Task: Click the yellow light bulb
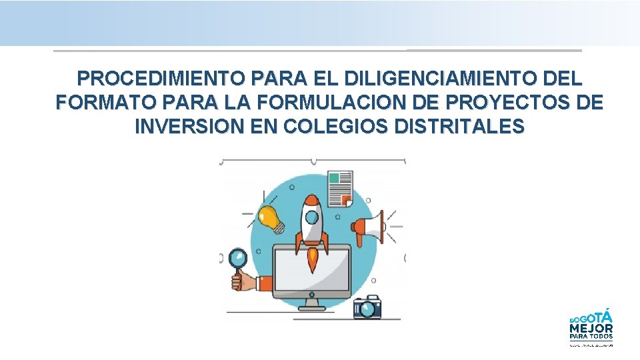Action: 270,217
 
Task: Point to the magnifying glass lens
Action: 238,258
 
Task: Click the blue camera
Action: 367,307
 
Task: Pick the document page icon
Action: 341,188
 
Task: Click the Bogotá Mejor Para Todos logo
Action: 591,327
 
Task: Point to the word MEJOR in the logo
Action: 591,327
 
